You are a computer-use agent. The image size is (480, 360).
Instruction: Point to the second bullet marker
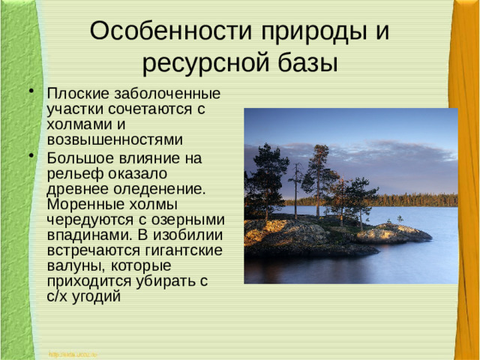click(31, 156)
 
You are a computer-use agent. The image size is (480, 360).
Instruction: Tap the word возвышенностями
click(115, 139)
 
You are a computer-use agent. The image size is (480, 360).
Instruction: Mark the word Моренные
click(84, 204)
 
